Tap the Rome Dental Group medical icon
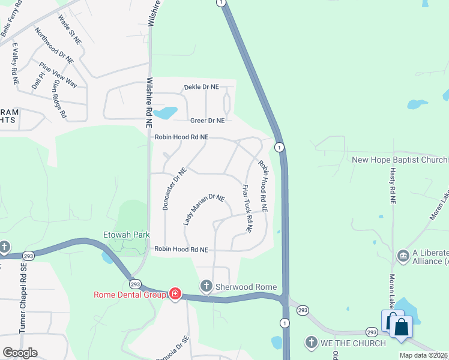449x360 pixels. click(175, 294)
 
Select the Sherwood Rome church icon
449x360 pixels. click(206, 286)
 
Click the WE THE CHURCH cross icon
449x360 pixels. click(311, 343)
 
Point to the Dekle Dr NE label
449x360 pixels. click(201, 87)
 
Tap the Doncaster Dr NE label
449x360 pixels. click(175, 188)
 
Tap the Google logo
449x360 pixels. click(20, 353)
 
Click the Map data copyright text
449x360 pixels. click(423, 355)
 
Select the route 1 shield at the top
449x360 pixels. click(222, 3)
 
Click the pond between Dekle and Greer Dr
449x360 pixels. click(166, 112)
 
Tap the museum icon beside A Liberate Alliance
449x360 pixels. click(403, 257)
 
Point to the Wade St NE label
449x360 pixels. click(68, 28)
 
